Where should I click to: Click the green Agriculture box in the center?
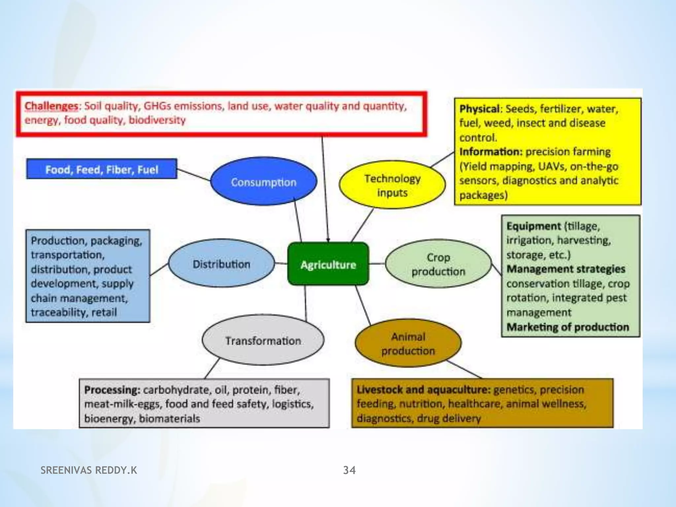(x=328, y=264)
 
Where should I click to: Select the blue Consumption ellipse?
(x=263, y=182)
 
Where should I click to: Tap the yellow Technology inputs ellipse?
(x=392, y=185)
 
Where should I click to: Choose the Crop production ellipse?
(x=438, y=264)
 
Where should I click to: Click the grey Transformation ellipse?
(x=263, y=340)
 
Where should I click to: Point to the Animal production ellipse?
(x=408, y=343)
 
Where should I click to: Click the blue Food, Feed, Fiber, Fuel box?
(x=102, y=169)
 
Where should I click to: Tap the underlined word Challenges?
(x=51, y=106)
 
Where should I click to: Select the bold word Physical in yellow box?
(x=479, y=109)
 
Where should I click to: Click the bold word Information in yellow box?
(x=490, y=152)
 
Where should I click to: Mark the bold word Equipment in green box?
(x=533, y=226)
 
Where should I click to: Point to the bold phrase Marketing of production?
(x=568, y=327)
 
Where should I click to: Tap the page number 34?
(x=349, y=470)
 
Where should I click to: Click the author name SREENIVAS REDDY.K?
(x=89, y=470)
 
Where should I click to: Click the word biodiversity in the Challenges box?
(x=157, y=120)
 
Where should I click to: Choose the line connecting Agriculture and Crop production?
(x=377, y=263)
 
